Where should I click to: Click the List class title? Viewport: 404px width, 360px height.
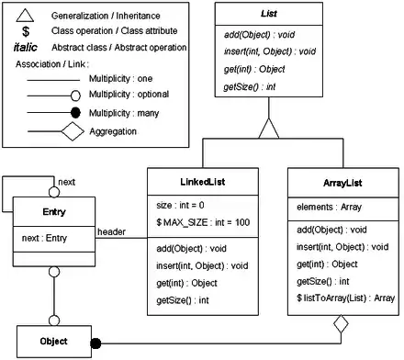tap(269, 14)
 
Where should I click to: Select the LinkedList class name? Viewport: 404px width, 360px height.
tap(203, 182)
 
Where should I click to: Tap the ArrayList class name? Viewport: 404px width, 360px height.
tap(342, 183)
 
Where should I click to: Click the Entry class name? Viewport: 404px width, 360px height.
tap(54, 212)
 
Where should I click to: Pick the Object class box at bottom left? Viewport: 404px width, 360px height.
tap(54, 342)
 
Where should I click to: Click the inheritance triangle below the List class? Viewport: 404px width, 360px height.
tap(269, 128)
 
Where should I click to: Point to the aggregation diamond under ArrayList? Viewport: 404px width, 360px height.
tap(341, 324)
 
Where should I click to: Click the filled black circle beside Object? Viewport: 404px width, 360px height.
tap(95, 343)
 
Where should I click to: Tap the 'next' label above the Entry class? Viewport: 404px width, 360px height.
tap(66, 182)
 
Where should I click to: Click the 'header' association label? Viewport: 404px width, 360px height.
tap(111, 232)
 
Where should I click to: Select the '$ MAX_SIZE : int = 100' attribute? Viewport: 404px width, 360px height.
tap(203, 222)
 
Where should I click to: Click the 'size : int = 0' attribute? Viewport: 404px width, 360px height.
tap(180, 205)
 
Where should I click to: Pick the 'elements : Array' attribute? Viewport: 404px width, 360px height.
tap(329, 208)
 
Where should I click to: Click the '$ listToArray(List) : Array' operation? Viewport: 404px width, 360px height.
tap(345, 298)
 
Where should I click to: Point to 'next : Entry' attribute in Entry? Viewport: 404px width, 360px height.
tap(44, 238)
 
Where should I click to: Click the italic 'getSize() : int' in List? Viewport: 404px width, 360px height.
tap(250, 87)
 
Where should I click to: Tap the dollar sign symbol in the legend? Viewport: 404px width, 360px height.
tap(26, 31)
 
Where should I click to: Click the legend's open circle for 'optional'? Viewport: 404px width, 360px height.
tap(75, 96)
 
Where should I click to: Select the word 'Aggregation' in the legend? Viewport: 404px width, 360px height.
tap(113, 131)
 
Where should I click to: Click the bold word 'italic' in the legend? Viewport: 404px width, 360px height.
tap(26, 48)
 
